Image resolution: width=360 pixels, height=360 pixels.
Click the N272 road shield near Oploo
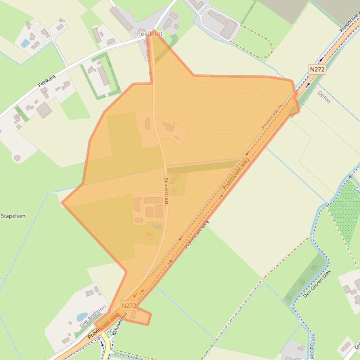[x=317, y=69]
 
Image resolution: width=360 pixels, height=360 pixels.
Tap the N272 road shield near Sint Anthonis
[x=128, y=306]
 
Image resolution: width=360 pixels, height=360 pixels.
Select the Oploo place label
[x=324, y=97]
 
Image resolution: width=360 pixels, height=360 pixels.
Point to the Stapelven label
[x=13, y=216]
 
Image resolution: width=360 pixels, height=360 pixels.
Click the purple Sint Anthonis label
[x=93, y=316]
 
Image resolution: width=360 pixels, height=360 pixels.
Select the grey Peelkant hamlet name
[x=150, y=34]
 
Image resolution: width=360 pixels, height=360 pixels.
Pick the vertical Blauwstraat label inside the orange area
[x=166, y=190]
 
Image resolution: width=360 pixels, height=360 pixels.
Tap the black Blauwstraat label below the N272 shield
[x=120, y=323]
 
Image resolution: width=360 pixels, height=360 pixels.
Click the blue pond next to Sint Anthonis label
[x=82, y=317]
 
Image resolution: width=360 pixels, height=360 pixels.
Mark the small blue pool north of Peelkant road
[x=25, y=43]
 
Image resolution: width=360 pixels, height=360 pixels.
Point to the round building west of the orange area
[x=17, y=158]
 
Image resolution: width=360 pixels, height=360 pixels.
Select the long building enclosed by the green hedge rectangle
[x=103, y=75]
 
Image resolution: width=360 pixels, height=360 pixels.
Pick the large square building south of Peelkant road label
[x=44, y=110]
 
